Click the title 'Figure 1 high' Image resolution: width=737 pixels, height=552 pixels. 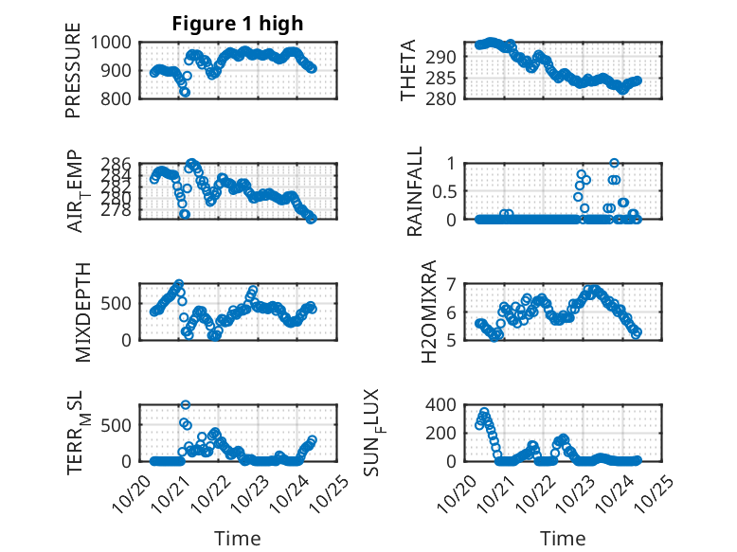click(238, 24)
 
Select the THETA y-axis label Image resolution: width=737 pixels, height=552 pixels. click(408, 70)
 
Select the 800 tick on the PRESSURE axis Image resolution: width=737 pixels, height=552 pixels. click(119, 98)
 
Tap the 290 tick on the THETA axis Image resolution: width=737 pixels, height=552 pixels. click(446, 58)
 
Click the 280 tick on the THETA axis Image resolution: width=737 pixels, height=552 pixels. click(446, 98)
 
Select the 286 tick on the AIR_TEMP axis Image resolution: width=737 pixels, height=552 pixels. click(119, 163)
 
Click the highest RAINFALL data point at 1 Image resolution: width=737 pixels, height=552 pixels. click(614, 164)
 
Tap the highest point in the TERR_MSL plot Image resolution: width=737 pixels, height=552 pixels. click(185, 405)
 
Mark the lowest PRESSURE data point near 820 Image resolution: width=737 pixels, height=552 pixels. click(185, 92)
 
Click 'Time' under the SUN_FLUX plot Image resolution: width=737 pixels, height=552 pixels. click(563, 539)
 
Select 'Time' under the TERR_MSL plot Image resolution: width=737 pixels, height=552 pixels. click(238, 539)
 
